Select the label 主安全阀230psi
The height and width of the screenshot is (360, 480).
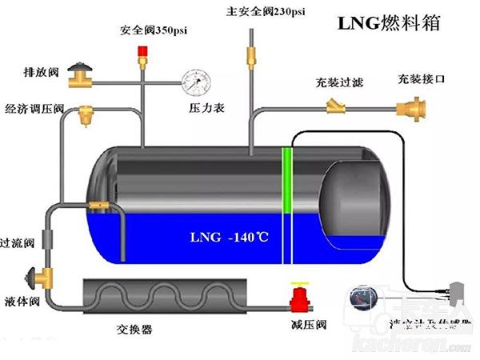pos(254,12)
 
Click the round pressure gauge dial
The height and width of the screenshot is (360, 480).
pos(194,81)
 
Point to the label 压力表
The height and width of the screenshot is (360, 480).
pos(201,106)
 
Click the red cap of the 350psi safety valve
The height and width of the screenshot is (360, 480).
pos(143,54)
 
